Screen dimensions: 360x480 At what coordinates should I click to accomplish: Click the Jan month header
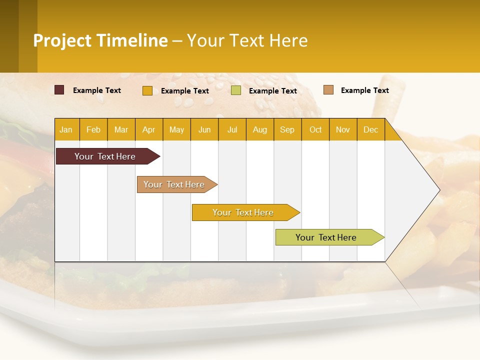[x=66, y=130]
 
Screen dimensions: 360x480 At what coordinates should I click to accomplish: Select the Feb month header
[x=93, y=130]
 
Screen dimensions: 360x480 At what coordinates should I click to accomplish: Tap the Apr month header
[x=149, y=130]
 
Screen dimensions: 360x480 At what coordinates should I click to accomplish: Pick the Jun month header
[x=204, y=130]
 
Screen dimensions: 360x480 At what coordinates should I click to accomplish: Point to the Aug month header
[x=260, y=130]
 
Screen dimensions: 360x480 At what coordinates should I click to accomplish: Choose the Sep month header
[x=287, y=130]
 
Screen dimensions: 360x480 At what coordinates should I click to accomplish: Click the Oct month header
[x=315, y=130]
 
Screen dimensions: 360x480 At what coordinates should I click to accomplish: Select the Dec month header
[x=371, y=130]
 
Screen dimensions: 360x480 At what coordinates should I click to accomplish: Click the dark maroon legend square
[x=59, y=90]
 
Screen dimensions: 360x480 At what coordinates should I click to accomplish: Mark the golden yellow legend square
[x=147, y=90]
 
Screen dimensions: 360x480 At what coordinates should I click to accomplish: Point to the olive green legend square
[x=236, y=90]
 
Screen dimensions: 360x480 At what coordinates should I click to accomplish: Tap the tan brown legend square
[x=328, y=90]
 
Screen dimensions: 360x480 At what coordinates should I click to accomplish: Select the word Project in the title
[x=62, y=40]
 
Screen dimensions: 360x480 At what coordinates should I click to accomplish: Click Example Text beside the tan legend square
[x=364, y=90]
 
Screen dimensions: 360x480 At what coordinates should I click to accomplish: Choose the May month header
[x=176, y=130]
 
